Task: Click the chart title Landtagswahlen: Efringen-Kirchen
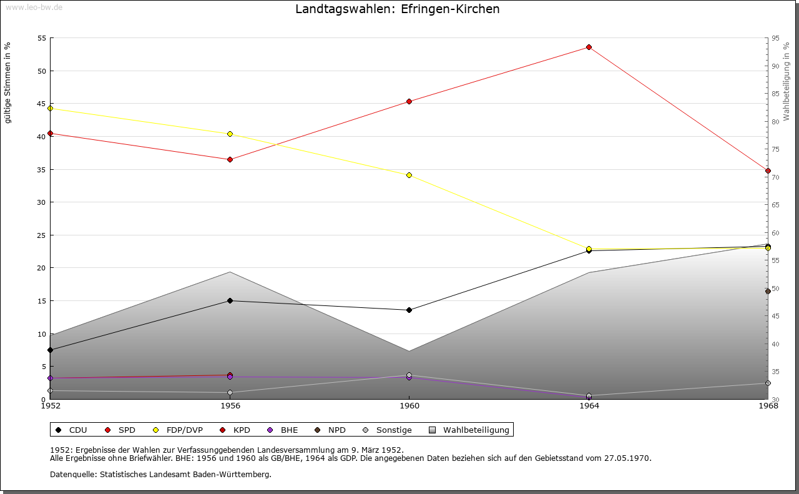397,9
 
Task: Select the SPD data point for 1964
589,47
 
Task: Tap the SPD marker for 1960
409,101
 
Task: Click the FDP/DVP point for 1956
230,134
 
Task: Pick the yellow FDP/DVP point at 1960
409,175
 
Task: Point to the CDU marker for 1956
230,300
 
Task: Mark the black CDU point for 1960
409,310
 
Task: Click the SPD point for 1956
230,159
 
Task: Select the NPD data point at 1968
768,291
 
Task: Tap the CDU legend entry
72,430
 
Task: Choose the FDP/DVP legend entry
178,430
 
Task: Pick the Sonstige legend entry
387,430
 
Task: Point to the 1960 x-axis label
409,406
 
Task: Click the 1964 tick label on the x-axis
589,406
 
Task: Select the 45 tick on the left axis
42,104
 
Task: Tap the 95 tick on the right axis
775,38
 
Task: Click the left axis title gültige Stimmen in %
8,83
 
